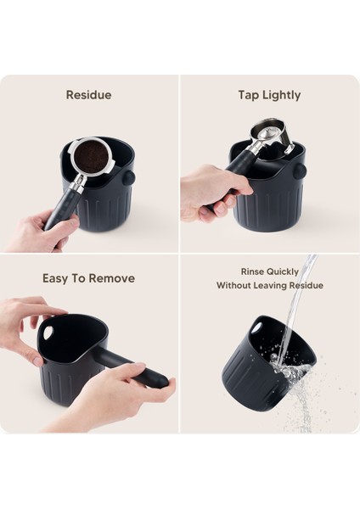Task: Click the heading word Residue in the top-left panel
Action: pyautogui.click(x=88, y=95)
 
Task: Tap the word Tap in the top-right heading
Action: pyautogui.click(x=248, y=95)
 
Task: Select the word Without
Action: pyautogui.click(x=236, y=286)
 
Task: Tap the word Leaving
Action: pyautogui.click(x=279, y=286)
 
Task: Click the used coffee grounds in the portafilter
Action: pyautogui.click(x=88, y=157)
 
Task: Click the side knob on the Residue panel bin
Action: pyautogui.click(x=128, y=179)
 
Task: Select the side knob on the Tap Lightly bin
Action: pyautogui.click(x=299, y=171)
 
